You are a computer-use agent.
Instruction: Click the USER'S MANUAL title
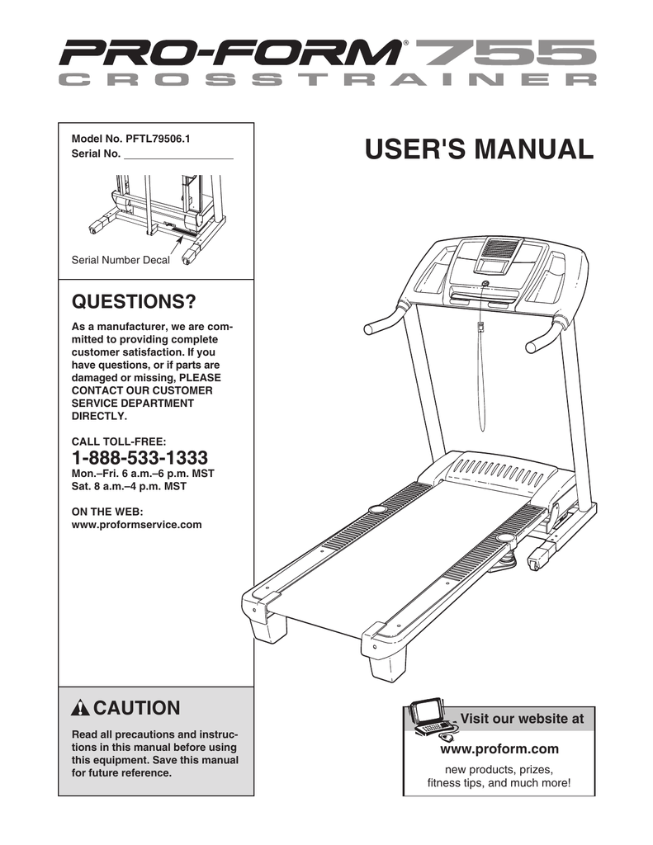tap(479, 150)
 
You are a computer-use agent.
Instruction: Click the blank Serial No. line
tap(177, 154)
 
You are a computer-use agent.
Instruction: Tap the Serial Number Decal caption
tap(121, 260)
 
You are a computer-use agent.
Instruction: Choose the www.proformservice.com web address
tap(137, 524)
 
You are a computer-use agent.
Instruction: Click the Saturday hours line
tap(130, 487)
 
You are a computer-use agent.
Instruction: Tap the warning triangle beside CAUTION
tap(80, 709)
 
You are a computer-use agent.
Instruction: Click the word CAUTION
tap(136, 708)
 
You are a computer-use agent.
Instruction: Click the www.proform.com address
tap(499, 748)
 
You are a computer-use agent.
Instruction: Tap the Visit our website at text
tap(521, 719)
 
